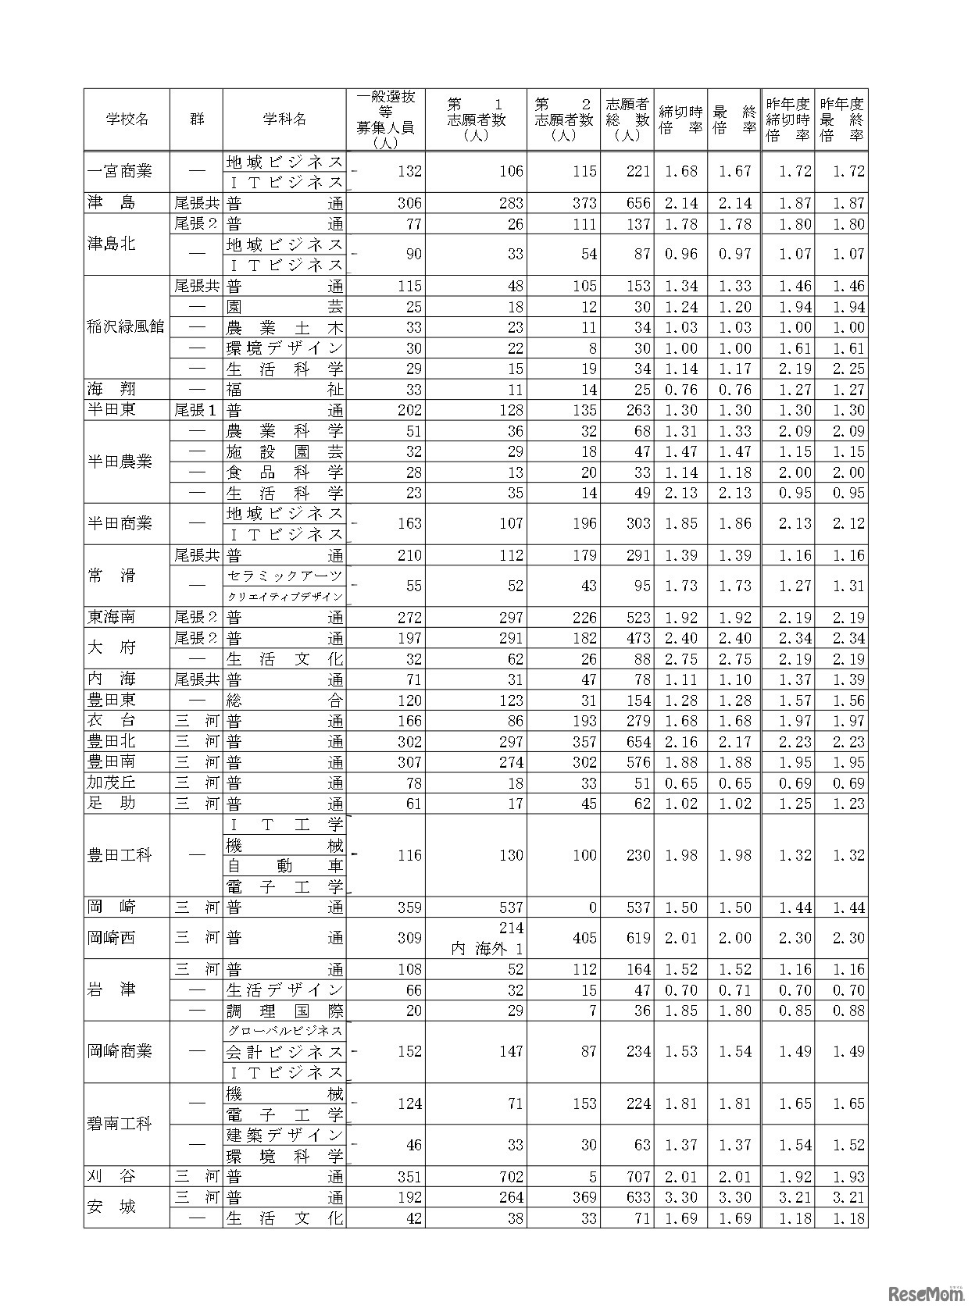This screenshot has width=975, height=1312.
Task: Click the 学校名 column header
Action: (127, 119)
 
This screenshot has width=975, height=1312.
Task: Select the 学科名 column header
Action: (284, 119)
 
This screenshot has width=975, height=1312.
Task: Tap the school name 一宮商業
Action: (120, 171)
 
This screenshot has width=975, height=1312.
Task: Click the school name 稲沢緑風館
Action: (127, 327)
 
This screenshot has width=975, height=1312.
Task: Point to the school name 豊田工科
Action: (120, 855)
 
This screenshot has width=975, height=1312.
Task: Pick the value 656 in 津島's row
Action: (638, 203)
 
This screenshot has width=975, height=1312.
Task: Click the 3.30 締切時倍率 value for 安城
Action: (680, 1198)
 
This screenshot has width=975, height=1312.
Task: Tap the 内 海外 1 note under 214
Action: (487, 949)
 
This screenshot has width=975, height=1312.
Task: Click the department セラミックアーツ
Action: (284, 576)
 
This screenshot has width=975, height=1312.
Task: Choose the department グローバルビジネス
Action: (284, 1032)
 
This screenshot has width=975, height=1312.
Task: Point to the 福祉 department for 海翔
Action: (284, 390)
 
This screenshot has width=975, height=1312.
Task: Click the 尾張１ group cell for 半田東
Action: (195, 410)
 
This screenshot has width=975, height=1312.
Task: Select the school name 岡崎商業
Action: (120, 1051)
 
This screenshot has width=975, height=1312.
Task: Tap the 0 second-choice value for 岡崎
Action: (592, 907)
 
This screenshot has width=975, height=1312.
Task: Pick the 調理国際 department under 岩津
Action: (284, 1011)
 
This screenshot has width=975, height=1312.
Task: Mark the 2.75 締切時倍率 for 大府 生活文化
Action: (680, 659)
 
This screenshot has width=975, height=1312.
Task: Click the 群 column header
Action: (196, 119)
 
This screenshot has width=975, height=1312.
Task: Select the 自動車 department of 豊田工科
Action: (284, 866)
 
